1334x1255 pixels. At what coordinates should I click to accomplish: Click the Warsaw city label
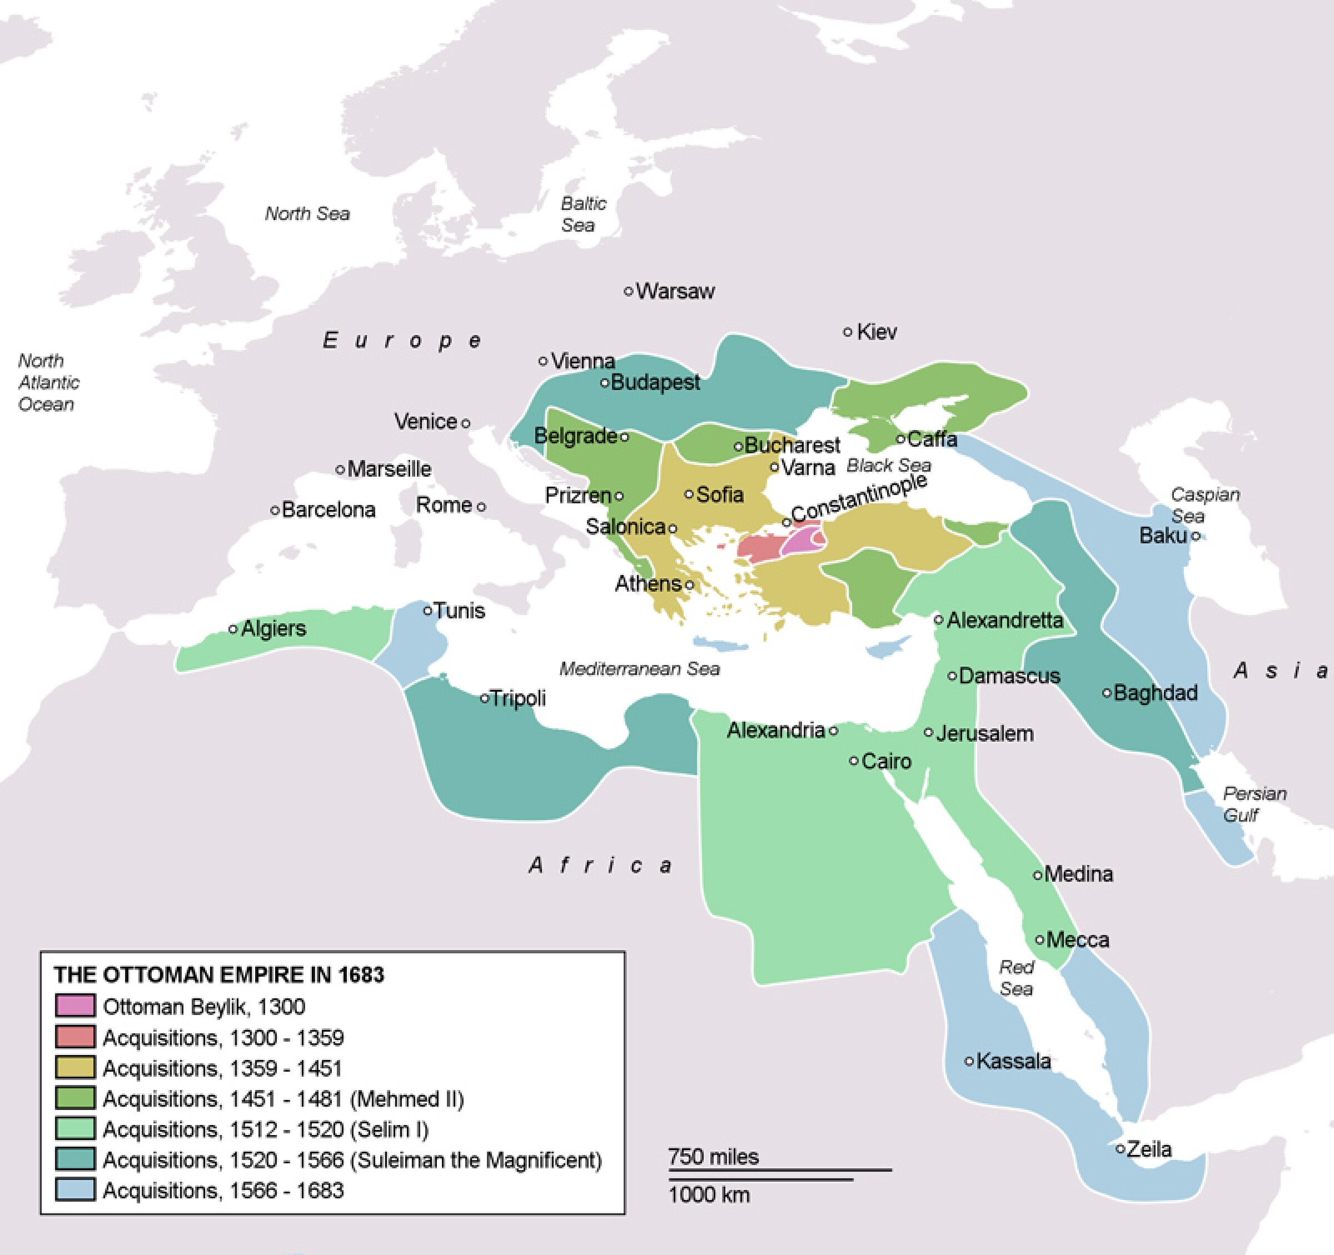(674, 291)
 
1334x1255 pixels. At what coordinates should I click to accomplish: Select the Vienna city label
(583, 361)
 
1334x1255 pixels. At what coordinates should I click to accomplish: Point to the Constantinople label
(859, 498)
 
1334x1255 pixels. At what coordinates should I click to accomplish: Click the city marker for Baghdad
(1107, 693)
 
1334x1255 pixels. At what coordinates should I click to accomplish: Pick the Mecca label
(1077, 940)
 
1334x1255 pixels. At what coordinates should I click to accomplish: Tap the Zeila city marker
(1120, 1149)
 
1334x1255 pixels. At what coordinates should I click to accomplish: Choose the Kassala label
(1013, 1061)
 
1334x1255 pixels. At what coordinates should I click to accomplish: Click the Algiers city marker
(233, 629)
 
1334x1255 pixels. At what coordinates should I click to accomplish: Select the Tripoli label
(517, 698)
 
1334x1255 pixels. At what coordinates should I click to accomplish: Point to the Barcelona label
(328, 510)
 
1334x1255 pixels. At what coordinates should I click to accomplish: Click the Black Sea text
(888, 465)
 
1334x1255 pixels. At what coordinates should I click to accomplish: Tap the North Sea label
(307, 213)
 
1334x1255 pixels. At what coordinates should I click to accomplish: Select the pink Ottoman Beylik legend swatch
(74, 1006)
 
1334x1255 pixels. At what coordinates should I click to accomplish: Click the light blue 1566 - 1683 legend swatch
(74, 1190)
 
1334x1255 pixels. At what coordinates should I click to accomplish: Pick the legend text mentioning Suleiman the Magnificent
(352, 1160)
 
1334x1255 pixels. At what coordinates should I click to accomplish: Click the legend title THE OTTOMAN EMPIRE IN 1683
(219, 974)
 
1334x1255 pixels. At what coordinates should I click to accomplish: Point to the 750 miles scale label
(713, 1157)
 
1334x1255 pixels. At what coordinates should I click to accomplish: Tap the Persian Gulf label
(1253, 804)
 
